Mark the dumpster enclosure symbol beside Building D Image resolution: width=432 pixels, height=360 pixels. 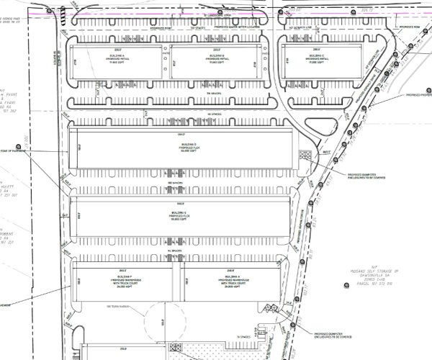coord(304,154)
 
